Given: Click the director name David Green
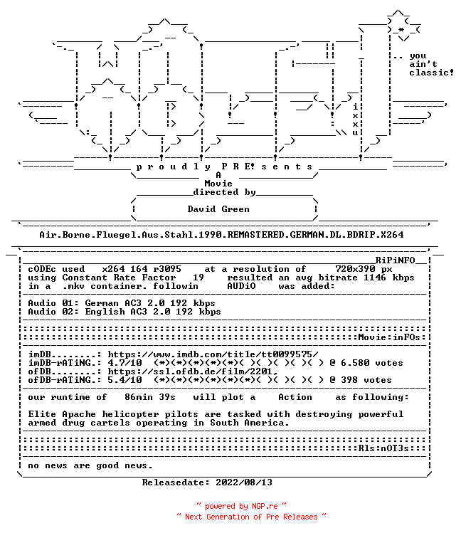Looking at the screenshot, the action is [x=218, y=209].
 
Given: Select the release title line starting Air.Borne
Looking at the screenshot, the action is [x=221, y=235].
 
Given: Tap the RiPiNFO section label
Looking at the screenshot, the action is [x=395, y=260].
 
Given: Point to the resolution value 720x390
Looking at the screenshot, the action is [x=355, y=269].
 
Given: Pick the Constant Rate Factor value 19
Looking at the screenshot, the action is [x=198, y=278].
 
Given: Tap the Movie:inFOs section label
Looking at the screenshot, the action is [x=389, y=337].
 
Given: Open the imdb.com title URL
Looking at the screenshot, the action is [x=213, y=354].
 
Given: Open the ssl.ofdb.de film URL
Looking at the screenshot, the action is [x=193, y=371].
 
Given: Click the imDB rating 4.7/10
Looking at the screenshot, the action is [x=124, y=363].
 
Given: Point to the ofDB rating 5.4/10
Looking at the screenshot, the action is [x=124, y=380].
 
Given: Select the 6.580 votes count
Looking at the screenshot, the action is [x=372, y=363].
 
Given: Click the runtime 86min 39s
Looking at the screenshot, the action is [x=150, y=397].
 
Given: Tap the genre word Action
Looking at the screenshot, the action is [x=295, y=397].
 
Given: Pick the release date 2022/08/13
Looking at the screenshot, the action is [x=244, y=482].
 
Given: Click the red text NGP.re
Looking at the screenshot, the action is [x=265, y=506].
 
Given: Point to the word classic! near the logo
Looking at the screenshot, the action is [x=431, y=73].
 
